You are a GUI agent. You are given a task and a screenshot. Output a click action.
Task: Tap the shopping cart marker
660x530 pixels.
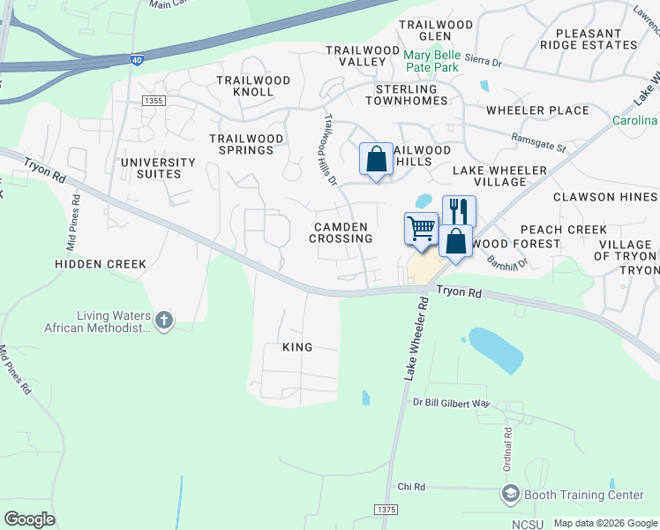tap(422, 229)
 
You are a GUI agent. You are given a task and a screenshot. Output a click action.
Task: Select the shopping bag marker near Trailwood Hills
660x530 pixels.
tap(377, 160)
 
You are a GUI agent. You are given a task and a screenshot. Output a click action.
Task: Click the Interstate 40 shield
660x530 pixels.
tap(138, 60)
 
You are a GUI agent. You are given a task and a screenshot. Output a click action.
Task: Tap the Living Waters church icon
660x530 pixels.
tap(164, 320)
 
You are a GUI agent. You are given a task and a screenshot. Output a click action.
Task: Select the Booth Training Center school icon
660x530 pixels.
tap(510, 495)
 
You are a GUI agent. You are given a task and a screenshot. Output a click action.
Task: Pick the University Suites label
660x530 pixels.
tap(158, 168)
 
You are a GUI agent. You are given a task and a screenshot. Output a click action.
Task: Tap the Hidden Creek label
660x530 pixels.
tap(94, 264)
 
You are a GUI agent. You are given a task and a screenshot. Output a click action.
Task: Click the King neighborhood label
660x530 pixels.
tap(297, 347)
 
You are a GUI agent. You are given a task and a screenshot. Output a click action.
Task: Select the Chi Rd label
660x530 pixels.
tap(411, 487)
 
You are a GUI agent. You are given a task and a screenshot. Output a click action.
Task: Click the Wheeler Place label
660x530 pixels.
tap(537, 110)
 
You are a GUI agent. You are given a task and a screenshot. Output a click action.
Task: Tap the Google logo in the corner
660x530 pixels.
tap(29, 519)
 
